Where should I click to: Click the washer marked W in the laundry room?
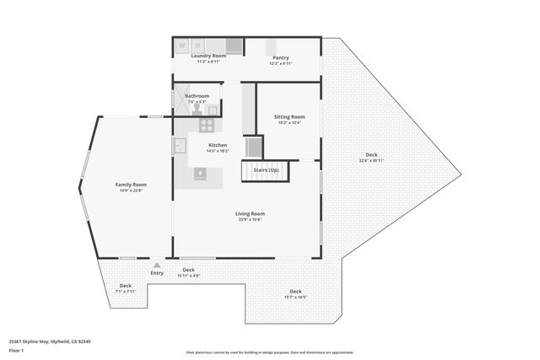click(x=182, y=44)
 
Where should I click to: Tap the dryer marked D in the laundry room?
click(x=198, y=44)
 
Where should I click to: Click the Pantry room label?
click(x=280, y=57)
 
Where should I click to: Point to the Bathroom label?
click(x=197, y=96)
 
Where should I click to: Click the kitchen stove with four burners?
click(x=207, y=125)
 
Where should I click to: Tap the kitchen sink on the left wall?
click(x=180, y=145)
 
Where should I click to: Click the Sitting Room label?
click(x=289, y=116)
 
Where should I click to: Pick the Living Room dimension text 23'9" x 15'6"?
click(x=250, y=219)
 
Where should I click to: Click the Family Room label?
click(x=131, y=184)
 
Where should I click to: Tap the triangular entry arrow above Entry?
click(x=157, y=265)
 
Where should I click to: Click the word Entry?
click(x=157, y=272)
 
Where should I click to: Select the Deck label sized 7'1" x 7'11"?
click(x=125, y=286)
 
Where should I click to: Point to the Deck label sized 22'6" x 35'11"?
click(x=371, y=154)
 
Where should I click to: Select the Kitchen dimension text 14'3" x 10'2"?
click(x=218, y=151)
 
